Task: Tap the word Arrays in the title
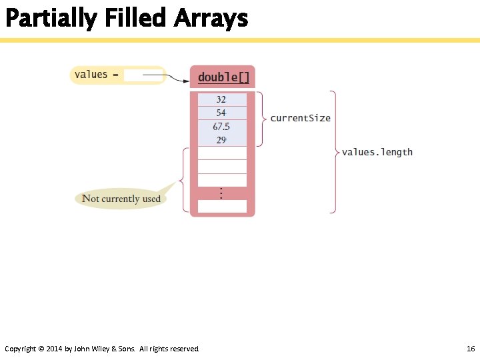coord(211,19)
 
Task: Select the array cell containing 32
coord(222,99)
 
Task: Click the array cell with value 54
coord(222,113)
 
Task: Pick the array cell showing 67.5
coord(222,126)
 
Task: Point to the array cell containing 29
coord(222,139)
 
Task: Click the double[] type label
coord(223,77)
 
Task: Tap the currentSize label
coord(300,118)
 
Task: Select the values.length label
coord(377,152)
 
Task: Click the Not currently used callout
coord(121,199)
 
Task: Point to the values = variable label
coord(97,75)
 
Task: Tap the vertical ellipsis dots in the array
coord(221,193)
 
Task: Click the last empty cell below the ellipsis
coord(222,206)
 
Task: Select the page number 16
coord(470,349)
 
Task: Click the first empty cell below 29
coord(222,153)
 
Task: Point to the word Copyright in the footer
coord(20,349)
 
